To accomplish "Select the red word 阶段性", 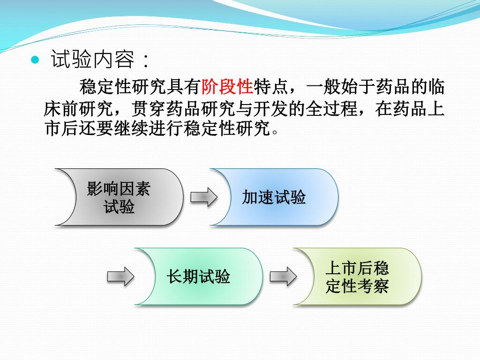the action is (x=227, y=87).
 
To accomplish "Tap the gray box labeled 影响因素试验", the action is (x=119, y=197).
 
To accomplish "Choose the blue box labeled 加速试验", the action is (x=274, y=197).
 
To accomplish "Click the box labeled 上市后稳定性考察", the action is (x=357, y=277).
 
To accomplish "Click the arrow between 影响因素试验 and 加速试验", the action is (x=203, y=197).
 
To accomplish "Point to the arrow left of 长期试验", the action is (x=120, y=277).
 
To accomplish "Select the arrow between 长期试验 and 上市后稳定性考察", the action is (x=283, y=277).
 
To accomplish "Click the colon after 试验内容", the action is (x=147, y=60).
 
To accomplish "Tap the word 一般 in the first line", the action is (x=323, y=87).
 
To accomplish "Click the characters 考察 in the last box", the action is (x=374, y=285).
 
